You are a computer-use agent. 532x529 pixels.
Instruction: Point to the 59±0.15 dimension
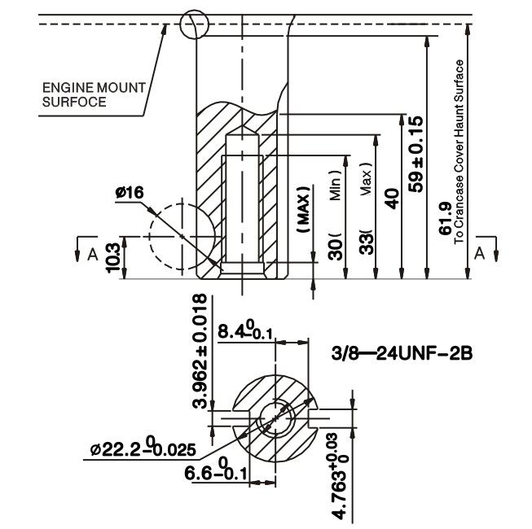tap(417, 155)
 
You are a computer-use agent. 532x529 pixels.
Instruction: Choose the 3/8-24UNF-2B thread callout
tap(403, 355)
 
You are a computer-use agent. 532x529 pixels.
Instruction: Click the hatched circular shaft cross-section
tap(275, 418)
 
